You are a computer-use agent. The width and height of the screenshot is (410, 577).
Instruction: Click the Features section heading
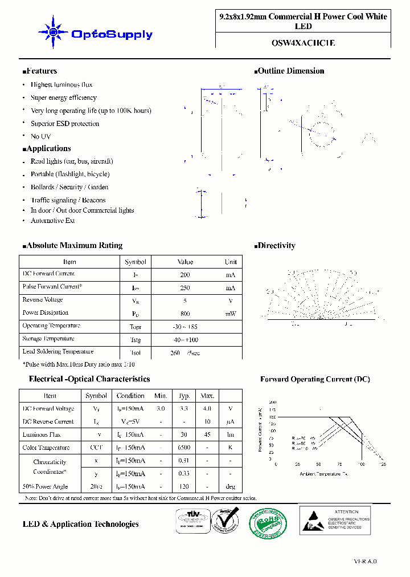tap(40, 71)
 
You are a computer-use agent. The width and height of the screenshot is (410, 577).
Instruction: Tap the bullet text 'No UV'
tap(40, 136)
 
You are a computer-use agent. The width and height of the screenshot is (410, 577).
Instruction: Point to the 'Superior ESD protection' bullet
tap(64, 124)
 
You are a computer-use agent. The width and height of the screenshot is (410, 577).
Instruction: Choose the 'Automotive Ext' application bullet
tap(52, 220)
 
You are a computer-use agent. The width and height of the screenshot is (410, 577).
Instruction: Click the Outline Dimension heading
tap(290, 71)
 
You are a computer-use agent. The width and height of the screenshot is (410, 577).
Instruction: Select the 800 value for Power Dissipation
tap(185, 314)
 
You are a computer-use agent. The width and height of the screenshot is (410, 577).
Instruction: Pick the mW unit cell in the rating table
tap(230, 314)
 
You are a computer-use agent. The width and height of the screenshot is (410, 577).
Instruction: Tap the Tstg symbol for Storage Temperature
tap(135, 340)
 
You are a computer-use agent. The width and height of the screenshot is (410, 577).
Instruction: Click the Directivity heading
tap(276, 246)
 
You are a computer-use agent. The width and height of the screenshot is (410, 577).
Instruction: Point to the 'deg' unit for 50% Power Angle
tap(230, 487)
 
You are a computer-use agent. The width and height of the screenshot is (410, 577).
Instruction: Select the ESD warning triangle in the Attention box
tap(313, 519)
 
